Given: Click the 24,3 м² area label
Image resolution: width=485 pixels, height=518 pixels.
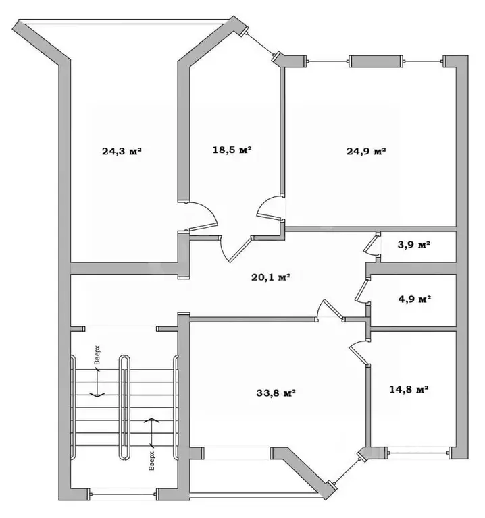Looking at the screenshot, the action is pos(122,151).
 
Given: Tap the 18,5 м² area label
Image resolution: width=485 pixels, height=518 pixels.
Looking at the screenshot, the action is pos(232,150).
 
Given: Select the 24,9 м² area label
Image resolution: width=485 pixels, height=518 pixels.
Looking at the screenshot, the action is pos(366,151).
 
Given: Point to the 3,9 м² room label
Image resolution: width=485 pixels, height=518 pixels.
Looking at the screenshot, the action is pos(414,244).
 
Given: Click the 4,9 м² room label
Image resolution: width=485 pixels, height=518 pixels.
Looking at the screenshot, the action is pos(415,299).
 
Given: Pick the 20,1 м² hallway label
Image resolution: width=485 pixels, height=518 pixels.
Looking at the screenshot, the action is pos(271,277).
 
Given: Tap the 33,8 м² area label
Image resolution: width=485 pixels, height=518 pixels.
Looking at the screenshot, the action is pos(276,393).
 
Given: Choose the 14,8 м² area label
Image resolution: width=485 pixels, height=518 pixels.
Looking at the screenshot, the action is pos(409,389).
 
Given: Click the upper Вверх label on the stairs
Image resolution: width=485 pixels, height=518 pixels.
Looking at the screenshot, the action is pos(97,355).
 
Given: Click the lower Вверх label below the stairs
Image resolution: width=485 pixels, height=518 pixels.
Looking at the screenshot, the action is pos(151,461).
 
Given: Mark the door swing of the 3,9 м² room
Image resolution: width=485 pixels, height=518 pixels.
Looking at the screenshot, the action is pos(372,244).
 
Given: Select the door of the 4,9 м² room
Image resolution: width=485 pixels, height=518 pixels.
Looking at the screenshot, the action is pos(361,290).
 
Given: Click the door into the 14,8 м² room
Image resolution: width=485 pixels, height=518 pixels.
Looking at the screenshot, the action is pos(358,353).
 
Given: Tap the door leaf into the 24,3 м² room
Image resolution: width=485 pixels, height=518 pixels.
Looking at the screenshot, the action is pos(203,227).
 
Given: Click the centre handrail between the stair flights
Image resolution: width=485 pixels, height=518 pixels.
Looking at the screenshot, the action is pos(124,407).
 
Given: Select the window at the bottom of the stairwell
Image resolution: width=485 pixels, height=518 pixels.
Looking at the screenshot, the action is pos(123,494).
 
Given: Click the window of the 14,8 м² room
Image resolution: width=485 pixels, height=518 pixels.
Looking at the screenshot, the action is pos(418,453).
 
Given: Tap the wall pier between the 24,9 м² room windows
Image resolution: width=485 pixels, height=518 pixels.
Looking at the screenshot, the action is pos(376,61).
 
